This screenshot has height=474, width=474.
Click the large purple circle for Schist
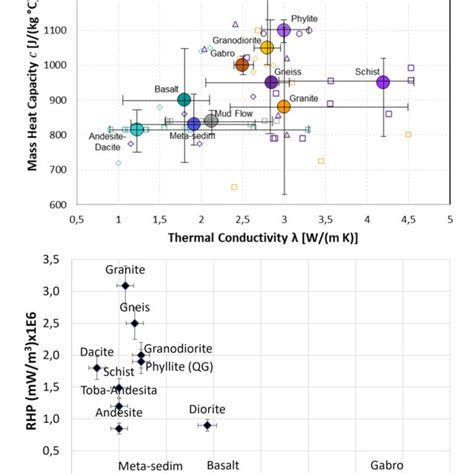click(x=383, y=82)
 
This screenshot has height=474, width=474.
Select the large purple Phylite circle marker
click(x=284, y=30)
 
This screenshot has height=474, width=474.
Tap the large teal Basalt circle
click(x=184, y=99)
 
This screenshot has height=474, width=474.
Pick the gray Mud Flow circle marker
click(x=211, y=121)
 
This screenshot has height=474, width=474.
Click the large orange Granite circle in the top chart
click(x=284, y=106)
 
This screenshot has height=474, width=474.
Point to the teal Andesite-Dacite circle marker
click(x=137, y=129)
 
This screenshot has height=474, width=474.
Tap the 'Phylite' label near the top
click(x=304, y=18)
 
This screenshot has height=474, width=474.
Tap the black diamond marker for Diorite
click(x=207, y=425)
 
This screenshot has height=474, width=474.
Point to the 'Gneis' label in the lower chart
click(x=135, y=307)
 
